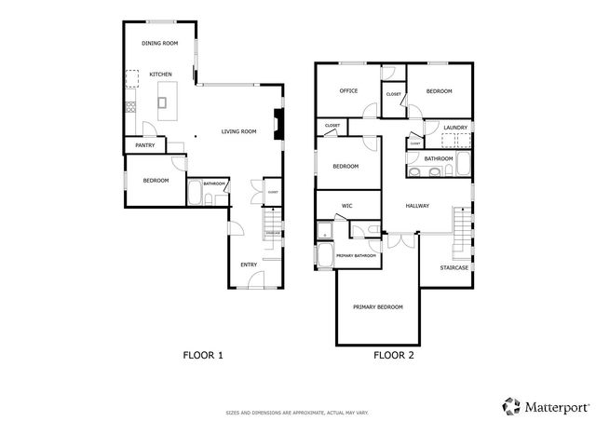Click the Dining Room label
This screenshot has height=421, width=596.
point(159,44)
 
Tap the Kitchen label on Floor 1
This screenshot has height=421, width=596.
point(161,74)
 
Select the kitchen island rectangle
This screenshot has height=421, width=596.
point(169,95)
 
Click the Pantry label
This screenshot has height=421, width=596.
point(144,145)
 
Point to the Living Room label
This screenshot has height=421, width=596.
point(238,131)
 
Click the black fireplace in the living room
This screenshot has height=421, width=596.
point(278,125)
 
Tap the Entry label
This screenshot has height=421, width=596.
point(249,265)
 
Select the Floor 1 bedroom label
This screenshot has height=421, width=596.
point(156,180)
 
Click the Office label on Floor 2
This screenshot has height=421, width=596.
point(349,91)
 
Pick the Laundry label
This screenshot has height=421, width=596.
point(455,128)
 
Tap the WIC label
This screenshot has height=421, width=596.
point(346,205)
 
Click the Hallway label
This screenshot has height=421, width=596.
point(417,206)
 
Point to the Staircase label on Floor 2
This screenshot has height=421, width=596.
point(455,268)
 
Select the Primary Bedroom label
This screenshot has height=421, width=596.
point(377,306)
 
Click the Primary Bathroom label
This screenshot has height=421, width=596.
point(356,254)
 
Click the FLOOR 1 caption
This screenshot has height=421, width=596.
point(201,355)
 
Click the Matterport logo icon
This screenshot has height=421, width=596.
point(511,405)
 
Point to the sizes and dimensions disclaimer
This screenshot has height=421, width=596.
point(297,411)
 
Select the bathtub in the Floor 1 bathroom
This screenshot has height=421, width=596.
point(196,195)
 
